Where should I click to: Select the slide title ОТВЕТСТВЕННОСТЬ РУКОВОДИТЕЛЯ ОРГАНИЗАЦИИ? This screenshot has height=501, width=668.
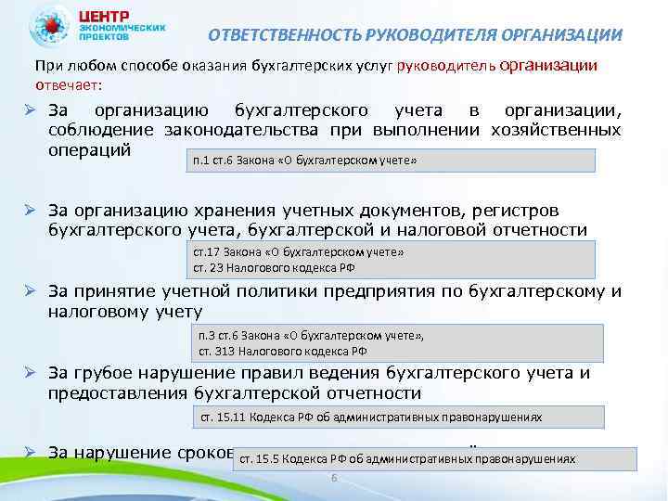click(415, 36)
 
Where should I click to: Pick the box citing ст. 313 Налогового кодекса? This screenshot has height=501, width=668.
click(398, 343)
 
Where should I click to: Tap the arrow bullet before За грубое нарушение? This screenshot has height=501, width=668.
click(30, 374)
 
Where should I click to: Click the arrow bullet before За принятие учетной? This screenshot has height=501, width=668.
click(30, 291)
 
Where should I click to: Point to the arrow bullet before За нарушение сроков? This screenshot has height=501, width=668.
click(30, 453)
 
